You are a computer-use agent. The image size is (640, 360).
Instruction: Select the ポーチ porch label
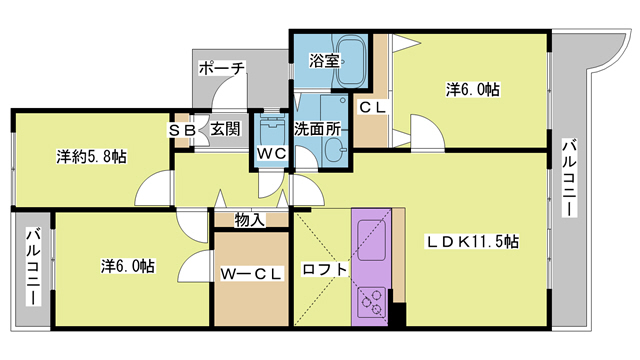pos(222,69)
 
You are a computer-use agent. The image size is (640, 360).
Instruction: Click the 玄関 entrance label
pos(226,129)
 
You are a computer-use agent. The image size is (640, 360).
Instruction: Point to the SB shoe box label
pos(182,129)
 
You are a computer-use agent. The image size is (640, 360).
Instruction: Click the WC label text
pos(271,153)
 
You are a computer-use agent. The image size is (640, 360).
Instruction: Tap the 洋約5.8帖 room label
pos(91,156)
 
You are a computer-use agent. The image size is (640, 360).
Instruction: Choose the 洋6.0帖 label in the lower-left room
pos(127,266)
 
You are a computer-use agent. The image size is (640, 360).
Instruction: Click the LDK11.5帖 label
pos(473,241)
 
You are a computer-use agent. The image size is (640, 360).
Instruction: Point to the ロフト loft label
pos(324,269)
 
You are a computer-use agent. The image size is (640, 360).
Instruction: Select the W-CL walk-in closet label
pos(252,272)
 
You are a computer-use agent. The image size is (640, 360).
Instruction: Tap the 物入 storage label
pos(250,220)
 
